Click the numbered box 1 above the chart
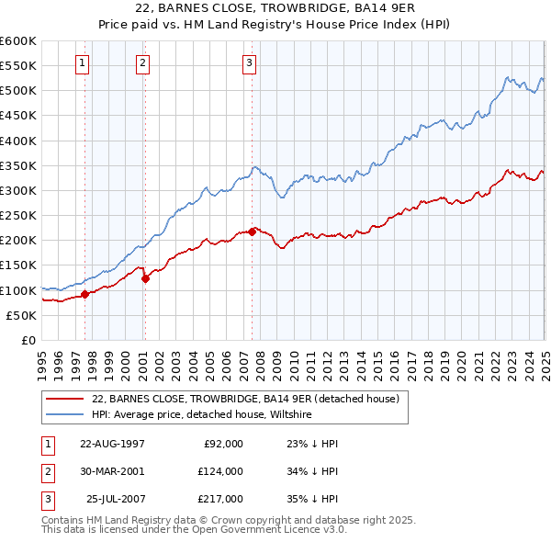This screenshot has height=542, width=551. pos(83,63)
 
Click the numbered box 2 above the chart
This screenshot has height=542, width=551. pos(144,63)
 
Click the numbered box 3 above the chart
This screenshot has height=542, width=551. pos(250,63)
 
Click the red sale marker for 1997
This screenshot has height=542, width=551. pos(85,294)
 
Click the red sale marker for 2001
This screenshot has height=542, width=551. pos(145,278)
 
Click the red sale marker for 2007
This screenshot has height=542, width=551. pos(253,231)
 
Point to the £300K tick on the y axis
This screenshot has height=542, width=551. pos(20,191)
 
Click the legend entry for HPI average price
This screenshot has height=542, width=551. pos(202,415)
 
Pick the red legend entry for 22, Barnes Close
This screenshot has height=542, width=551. pos(244,400)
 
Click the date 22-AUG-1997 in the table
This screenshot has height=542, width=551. pos(112,444)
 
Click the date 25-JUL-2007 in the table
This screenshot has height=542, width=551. pos(114,500)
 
